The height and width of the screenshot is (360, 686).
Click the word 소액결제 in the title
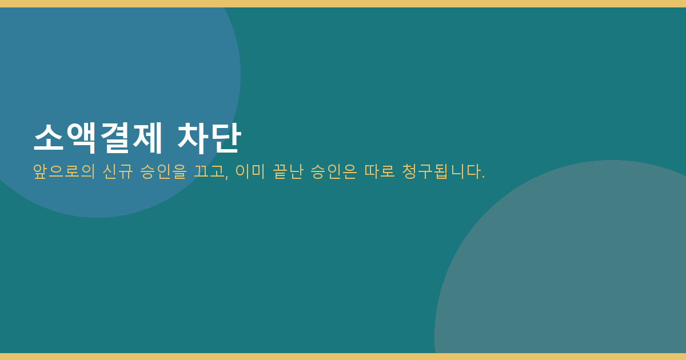[98, 138]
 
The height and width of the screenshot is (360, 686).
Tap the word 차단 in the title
[209, 138]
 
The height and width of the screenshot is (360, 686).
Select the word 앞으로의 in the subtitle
[64, 171]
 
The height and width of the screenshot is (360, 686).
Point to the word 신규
[118, 171]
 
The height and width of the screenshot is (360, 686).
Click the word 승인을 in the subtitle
[163, 171]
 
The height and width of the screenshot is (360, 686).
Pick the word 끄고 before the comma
[209, 171]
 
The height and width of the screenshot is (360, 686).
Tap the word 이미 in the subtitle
[250, 171]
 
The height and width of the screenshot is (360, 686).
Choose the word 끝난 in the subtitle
[288, 171]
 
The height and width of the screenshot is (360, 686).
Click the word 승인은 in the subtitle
[333, 171]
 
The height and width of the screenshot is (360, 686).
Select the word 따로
[380, 171]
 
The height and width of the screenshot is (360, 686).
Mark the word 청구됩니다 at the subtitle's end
[441, 171]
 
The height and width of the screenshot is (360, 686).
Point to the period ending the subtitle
[483, 177]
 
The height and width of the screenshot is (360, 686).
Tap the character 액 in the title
[81, 138]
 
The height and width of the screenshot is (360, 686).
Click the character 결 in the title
[114, 138]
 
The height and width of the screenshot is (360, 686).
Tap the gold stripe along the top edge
[343, 3]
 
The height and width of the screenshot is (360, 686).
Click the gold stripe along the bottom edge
[343, 357]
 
